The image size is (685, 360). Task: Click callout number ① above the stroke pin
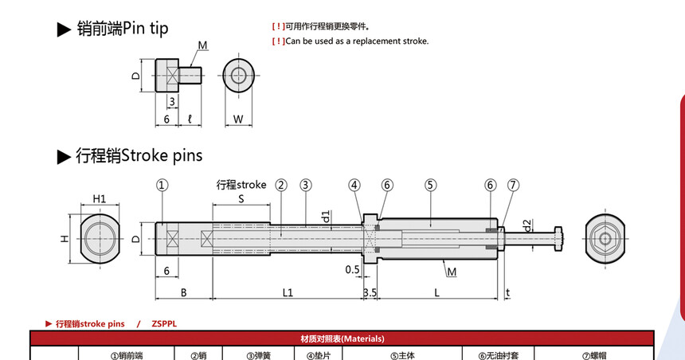(x=162, y=186)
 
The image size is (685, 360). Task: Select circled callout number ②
(x=281, y=186)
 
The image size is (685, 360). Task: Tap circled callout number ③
(x=306, y=186)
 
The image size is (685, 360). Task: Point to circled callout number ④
(x=354, y=186)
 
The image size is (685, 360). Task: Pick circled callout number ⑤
(x=431, y=186)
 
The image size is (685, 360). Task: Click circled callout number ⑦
(x=513, y=186)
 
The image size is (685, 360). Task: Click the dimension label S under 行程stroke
(x=241, y=199)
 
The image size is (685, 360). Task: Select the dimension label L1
(x=288, y=293)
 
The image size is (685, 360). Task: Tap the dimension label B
(x=184, y=293)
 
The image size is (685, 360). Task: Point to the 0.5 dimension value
(x=353, y=269)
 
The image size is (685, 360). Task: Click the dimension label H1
(x=100, y=199)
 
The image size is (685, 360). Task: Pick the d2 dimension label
(x=528, y=226)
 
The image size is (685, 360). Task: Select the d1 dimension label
(x=326, y=217)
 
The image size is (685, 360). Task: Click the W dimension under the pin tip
(x=238, y=119)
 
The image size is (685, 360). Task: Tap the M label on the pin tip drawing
(x=202, y=45)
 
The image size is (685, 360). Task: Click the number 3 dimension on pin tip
(x=172, y=102)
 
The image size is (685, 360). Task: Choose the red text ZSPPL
(x=164, y=323)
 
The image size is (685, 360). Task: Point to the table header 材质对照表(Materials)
(x=342, y=338)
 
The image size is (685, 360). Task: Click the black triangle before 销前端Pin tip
(x=64, y=29)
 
